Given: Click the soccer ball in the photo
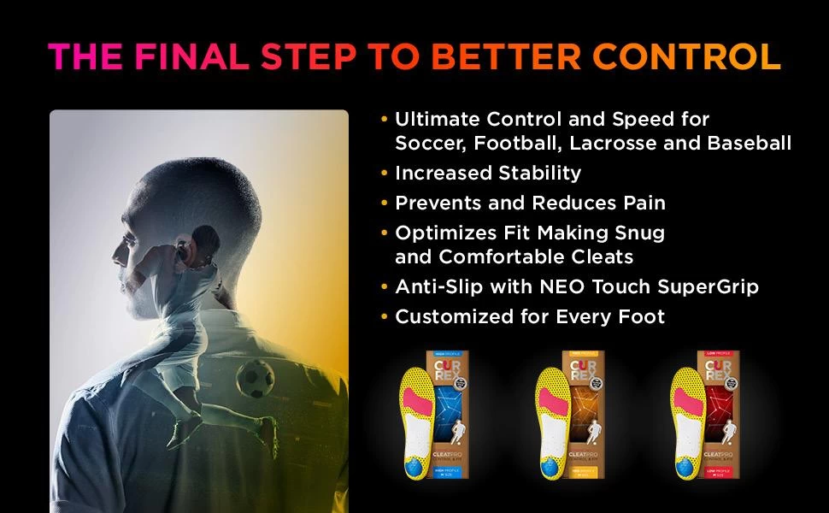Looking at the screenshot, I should point(255,376).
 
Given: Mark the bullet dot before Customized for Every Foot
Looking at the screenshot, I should point(385,317).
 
